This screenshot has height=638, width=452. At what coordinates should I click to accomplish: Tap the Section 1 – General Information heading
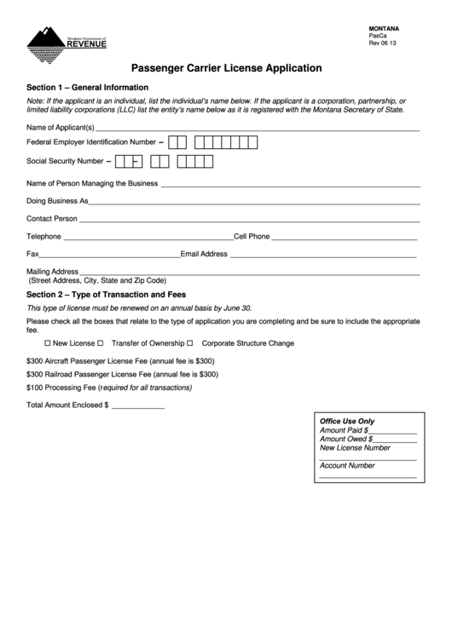[x=88, y=88]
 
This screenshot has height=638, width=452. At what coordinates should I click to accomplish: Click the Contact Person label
[x=52, y=219]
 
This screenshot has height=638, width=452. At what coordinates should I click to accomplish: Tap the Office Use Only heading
[x=346, y=422]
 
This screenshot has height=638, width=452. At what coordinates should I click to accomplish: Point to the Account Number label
[x=347, y=466]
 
